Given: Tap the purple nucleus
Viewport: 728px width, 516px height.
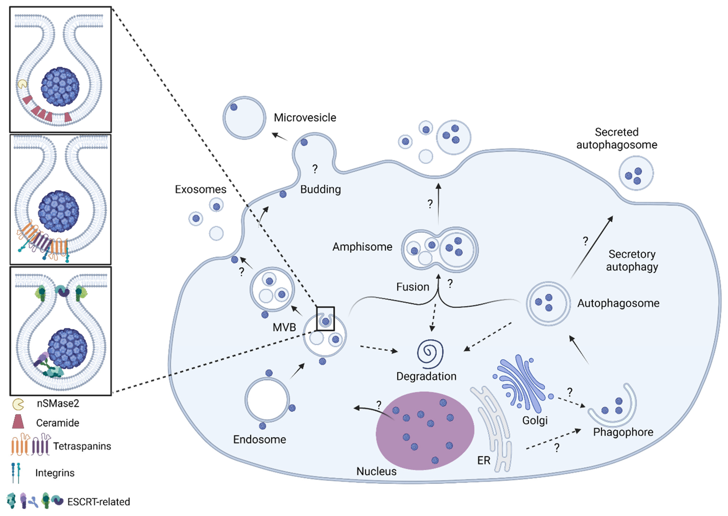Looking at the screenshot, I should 425,430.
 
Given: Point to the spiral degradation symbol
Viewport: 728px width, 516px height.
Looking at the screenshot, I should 430,354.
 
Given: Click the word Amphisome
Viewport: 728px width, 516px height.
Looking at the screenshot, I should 362,247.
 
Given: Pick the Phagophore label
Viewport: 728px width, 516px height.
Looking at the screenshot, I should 623,432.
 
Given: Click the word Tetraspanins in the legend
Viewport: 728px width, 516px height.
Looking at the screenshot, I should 82,446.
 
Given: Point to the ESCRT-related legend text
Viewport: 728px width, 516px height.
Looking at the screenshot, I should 98,502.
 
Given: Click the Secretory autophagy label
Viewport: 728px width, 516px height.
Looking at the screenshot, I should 632,260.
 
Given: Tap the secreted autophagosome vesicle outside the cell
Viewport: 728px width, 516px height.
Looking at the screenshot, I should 636,173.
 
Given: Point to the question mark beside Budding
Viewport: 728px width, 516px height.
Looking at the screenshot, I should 315,169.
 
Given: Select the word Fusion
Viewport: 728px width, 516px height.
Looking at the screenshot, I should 412,287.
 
